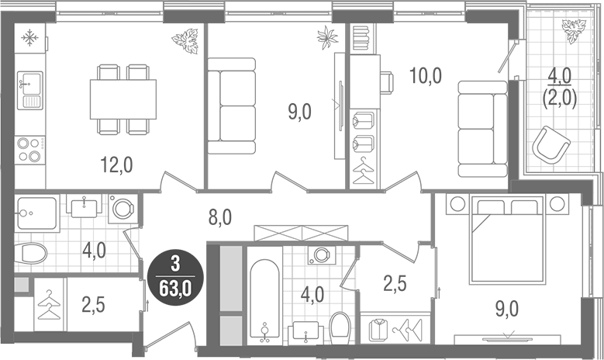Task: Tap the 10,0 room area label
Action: pos(424,76)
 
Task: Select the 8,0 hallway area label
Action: pos(219,217)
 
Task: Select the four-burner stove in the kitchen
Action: pos(29,148)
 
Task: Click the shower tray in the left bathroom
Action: pos(36,213)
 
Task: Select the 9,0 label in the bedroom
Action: pos(507,310)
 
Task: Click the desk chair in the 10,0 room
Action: pos(387,80)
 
